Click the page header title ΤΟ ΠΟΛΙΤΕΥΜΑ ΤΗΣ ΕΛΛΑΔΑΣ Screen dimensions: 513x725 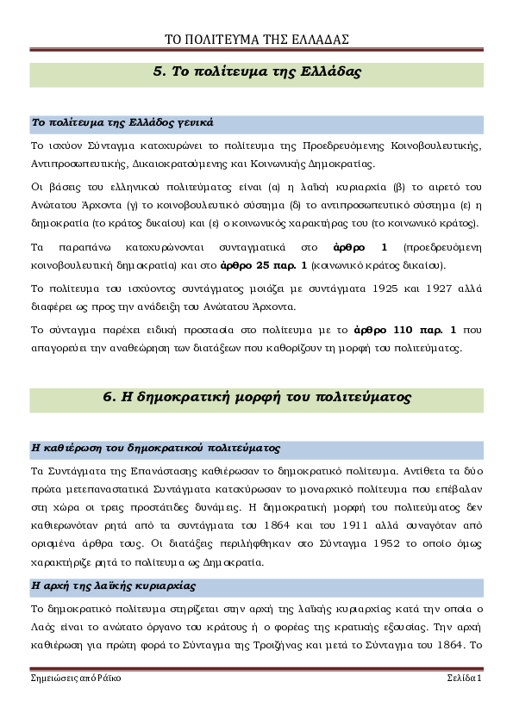click(257, 40)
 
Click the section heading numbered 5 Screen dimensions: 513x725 click(257, 71)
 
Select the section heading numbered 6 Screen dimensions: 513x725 click(257, 397)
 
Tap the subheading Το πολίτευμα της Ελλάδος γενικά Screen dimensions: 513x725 click(122, 123)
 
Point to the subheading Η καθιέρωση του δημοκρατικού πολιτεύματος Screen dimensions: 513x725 click(155, 448)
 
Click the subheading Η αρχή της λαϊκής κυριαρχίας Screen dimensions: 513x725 click(114, 586)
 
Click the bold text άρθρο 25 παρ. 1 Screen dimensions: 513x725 click(264, 265)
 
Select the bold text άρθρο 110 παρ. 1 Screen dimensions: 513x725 click(404, 330)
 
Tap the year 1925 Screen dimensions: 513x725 click(385, 288)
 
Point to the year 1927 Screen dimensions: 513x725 click(439, 288)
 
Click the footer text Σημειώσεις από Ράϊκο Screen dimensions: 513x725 click(76, 679)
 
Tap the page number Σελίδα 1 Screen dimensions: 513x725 click(465, 678)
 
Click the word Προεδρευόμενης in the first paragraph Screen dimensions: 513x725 click(343, 146)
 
